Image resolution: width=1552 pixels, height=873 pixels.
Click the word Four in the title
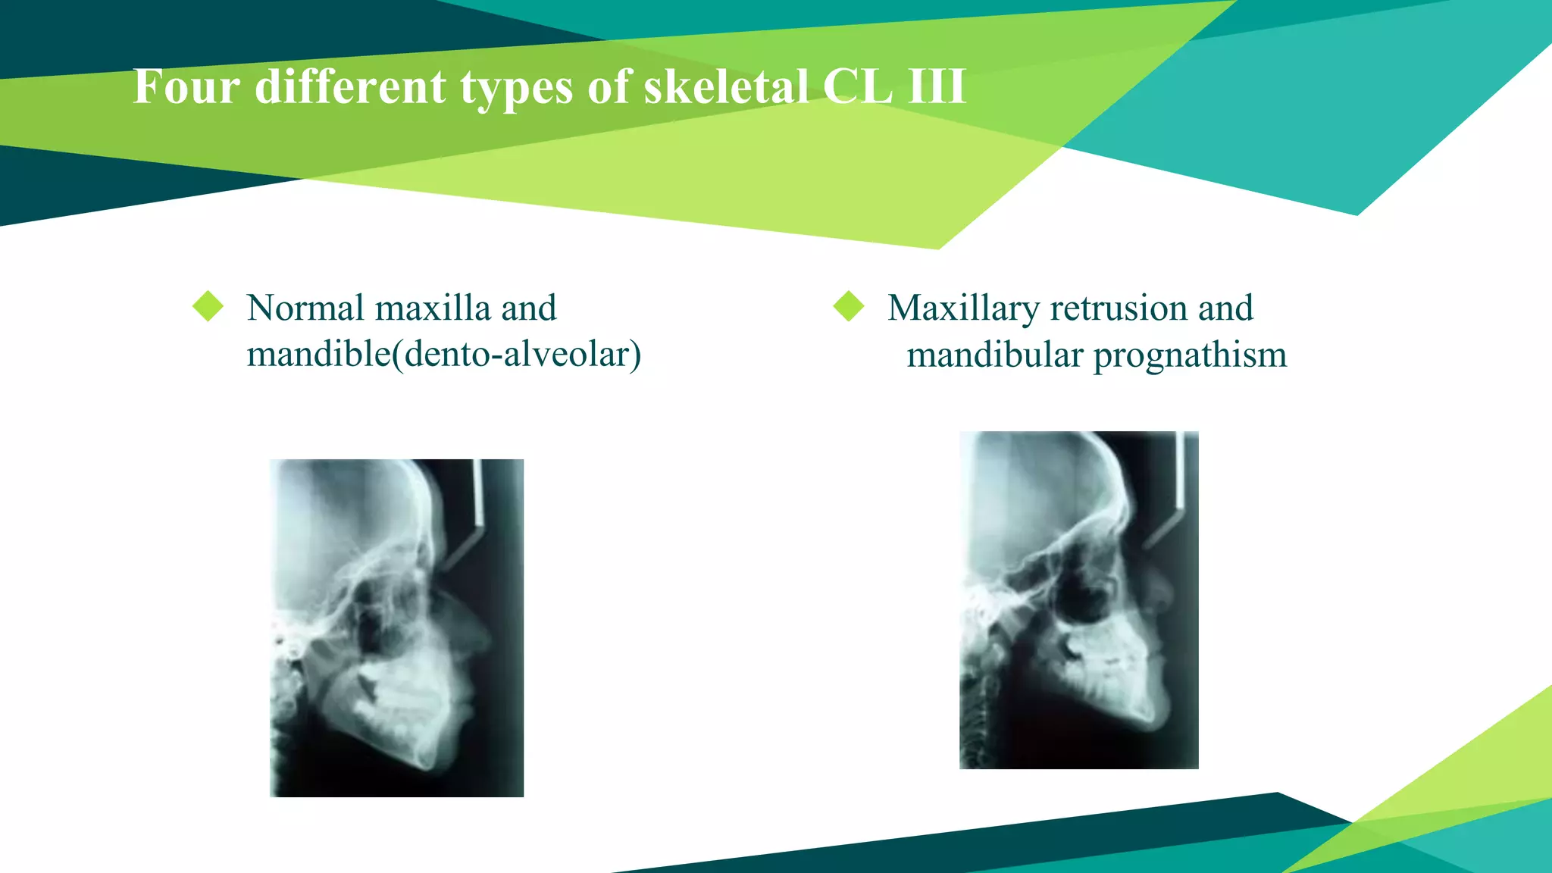coord(186,86)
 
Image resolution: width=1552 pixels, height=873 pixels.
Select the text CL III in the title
coord(894,86)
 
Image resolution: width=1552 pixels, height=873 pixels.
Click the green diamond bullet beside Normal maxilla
coord(208,307)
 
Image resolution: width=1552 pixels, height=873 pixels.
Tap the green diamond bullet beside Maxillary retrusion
coord(849,307)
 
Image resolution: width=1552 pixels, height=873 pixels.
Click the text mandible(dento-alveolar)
coord(444,355)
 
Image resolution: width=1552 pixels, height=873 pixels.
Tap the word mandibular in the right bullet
coord(995,355)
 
